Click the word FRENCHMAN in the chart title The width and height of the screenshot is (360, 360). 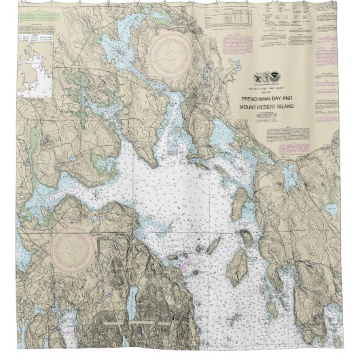pos(257,98)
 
